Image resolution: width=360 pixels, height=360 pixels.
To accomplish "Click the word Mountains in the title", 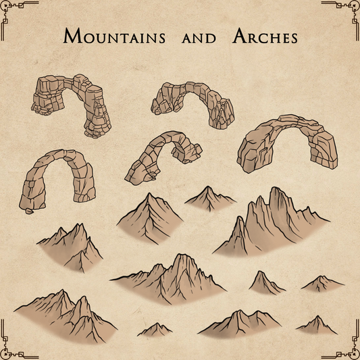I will tap(114, 36).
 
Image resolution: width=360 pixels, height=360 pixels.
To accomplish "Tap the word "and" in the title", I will tap(199, 38).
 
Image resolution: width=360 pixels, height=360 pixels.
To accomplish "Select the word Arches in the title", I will tap(265, 36).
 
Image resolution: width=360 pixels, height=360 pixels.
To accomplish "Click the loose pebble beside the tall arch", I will tap(28, 211).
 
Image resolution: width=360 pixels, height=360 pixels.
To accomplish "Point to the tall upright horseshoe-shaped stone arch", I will tap(54, 179).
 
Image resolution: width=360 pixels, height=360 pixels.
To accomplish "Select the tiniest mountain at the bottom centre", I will tap(155, 330).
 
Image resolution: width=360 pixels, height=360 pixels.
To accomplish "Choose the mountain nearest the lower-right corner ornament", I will tap(316, 326).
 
